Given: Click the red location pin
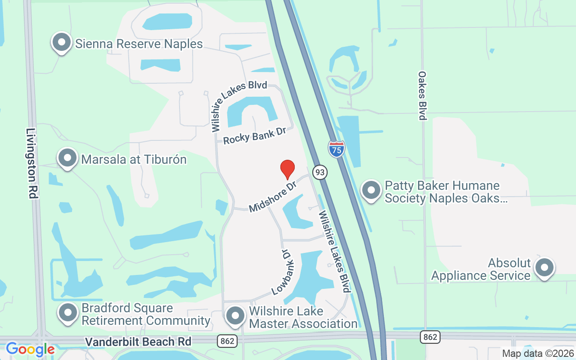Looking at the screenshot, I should tap(287, 169).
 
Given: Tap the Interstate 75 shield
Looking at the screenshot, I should tap(336, 149).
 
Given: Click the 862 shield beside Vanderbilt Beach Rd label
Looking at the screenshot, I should tap(227, 341).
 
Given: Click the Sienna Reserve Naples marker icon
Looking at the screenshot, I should tap(62, 43).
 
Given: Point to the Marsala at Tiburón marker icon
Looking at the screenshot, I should tap(68, 158).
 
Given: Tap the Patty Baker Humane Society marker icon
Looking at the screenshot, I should tap(371, 190).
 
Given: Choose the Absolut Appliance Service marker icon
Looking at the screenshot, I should tap(544, 268).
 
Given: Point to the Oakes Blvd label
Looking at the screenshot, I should tap(422, 95).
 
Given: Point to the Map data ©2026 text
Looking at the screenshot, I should tap(537, 354).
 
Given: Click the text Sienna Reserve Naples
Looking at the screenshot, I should tap(139, 44).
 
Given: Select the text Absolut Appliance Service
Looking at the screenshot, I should tap(481, 269).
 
